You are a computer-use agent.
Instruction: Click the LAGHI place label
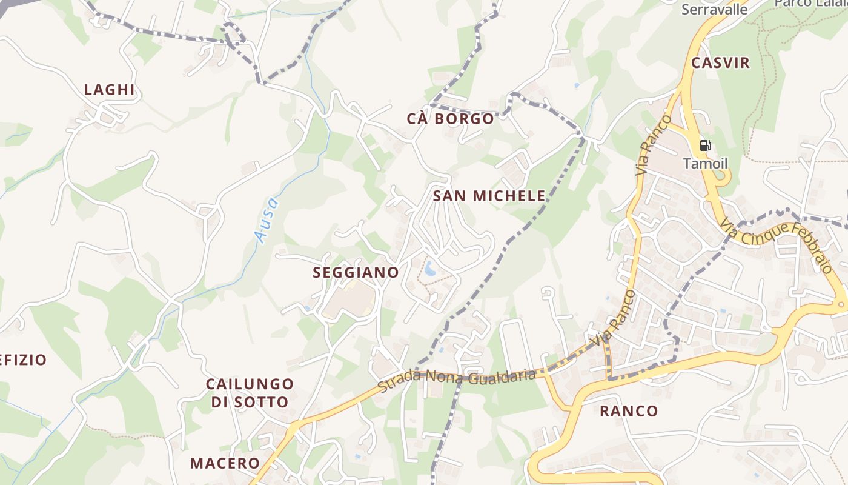(109, 90)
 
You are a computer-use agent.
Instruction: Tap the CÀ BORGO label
(451, 119)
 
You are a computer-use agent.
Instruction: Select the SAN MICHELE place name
(489, 196)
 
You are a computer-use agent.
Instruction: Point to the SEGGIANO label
(356, 273)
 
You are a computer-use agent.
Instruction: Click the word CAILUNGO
(250, 384)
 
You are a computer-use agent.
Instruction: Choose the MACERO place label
(225, 463)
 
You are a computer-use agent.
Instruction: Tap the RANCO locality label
(629, 411)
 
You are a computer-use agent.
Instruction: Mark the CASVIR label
(721, 62)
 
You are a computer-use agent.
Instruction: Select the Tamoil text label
(705, 164)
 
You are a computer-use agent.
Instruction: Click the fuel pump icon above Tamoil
(705, 145)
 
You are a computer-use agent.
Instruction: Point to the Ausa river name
(267, 220)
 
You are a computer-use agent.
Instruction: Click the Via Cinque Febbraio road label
(777, 246)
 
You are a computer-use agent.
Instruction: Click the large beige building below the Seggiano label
(349, 301)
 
